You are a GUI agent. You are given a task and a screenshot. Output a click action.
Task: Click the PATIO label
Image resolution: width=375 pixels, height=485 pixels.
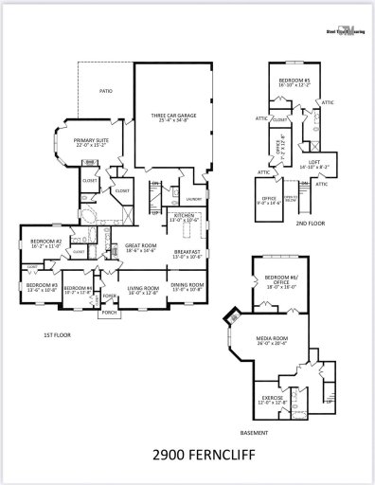[x=107, y=92]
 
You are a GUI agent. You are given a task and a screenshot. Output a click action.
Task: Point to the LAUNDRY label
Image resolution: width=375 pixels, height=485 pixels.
[x=194, y=198]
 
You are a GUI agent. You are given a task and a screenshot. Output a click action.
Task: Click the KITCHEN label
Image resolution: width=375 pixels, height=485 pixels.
[x=184, y=217]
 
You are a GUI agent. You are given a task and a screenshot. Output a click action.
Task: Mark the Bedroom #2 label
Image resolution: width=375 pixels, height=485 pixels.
[x=45, y=242]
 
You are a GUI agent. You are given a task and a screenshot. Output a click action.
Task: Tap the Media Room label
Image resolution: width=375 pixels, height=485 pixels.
[x=275, y=338]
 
